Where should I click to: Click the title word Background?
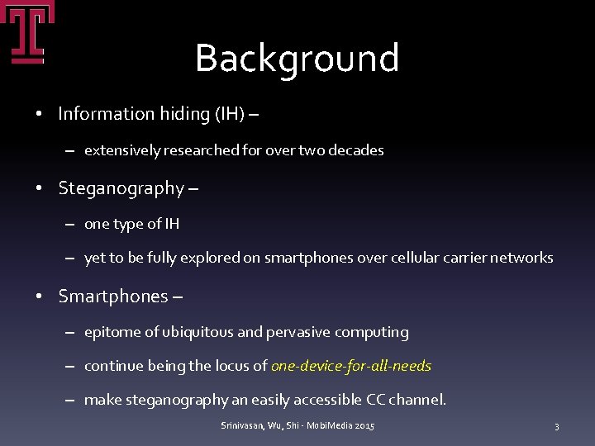[x=297, y=59]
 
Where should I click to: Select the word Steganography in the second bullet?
[x=121, y=188]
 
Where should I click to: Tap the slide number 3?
[x=556, y=426]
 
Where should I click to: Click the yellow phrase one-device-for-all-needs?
[x=351, y=366]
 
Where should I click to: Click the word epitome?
[x=112, y=332]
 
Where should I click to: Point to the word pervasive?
[x=296, y=332]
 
